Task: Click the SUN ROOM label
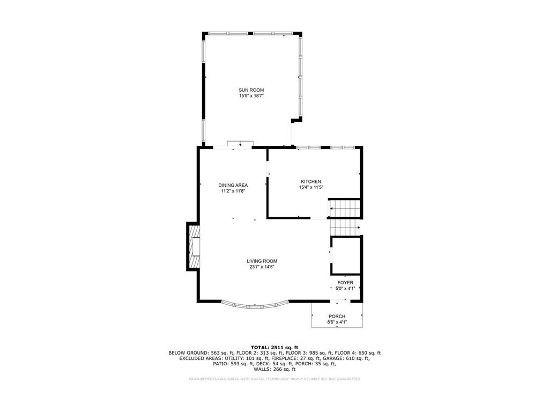[251, 90]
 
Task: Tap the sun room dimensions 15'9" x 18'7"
[251, 96]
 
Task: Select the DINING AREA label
[233, 185]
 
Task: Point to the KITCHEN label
[310, 182]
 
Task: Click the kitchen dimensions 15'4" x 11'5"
[310, 188]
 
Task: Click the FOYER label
[345, 283]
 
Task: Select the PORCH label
[337, 317]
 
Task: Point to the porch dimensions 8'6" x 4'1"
[337, 322]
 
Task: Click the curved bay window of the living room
[256, 306]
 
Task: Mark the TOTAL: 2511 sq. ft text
[274, 347]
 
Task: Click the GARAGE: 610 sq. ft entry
[346, 358]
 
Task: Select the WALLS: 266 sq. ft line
[274, 369]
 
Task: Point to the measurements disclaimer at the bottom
[274, 379]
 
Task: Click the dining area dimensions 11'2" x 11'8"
[233, 191]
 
